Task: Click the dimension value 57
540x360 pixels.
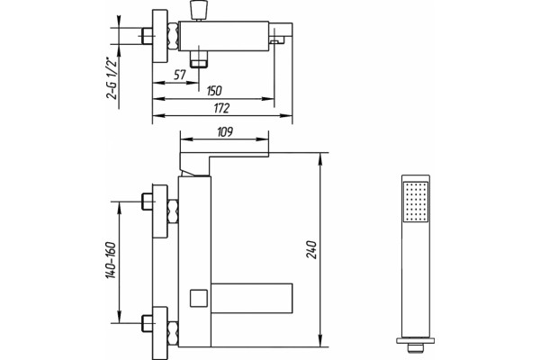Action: click(x=180, y=75)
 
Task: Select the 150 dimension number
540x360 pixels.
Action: click(x=214, y=91)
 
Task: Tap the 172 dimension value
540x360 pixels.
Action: click(x=221, y=108)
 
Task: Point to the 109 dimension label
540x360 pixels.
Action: click(x=225, y=131)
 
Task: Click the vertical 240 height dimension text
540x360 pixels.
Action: click(x=311, y=250)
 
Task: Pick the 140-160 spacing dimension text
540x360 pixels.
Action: click(x=111, y=260)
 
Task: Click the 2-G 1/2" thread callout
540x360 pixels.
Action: click(x=112, y=78)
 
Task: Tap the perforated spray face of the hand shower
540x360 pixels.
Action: click(x=416, y=202)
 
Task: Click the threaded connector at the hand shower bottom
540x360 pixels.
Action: click(x=415, y=347)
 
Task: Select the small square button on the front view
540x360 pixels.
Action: click(x=199, y=298)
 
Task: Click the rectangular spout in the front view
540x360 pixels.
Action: click(x=252, y=298)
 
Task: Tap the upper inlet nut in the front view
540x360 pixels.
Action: click(x=148, y=202)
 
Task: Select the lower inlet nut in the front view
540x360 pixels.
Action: click(x=148, y=323)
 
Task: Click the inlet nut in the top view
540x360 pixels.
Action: click(x=147, y=36)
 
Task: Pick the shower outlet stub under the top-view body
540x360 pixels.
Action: click(x=199, y=59)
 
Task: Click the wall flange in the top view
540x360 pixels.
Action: click(x=160, y=36)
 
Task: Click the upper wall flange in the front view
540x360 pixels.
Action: click(x=160, y=211)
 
